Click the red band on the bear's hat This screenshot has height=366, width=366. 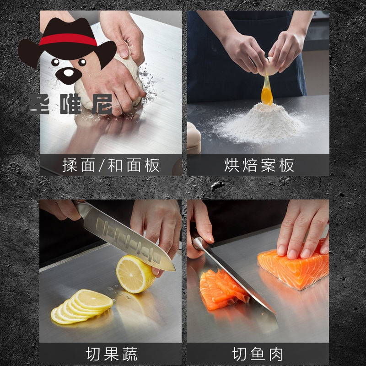click(68, 39)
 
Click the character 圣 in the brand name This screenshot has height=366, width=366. click(39, 104)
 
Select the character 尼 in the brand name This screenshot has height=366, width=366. click(102, 104)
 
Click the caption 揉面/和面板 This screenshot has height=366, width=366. click(111, 165)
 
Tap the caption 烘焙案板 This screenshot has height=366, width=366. click(259, 165)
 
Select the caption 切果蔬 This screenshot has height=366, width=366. click(112, 354)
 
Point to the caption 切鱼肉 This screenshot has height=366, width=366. click(258, 354)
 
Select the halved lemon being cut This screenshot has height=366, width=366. click(135, 274)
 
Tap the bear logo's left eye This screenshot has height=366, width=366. click(55, 62)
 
